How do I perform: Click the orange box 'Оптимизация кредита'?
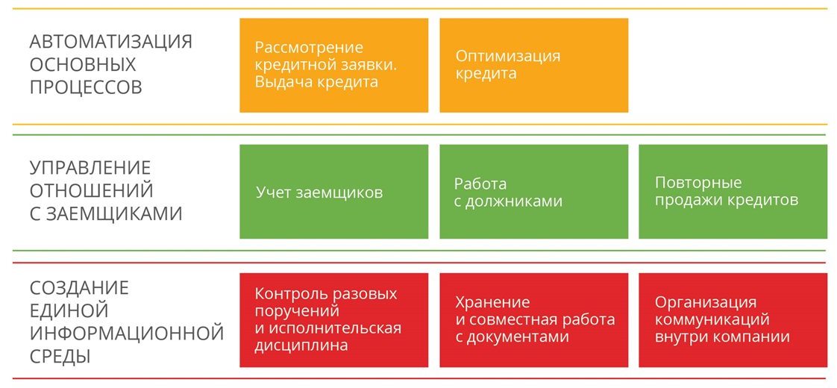click(x=534, y=65)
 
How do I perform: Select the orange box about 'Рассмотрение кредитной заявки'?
click(x=333, y=65)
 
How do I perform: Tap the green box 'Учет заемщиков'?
click(x=333, y=192)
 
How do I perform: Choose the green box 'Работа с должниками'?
click(x=534, y=192)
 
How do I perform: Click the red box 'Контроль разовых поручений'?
click(x=333, y=320)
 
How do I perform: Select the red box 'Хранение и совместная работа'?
click(x=534, y=320)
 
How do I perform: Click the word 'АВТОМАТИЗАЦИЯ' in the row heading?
click(x=110, y=42)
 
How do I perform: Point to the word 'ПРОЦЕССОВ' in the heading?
click(x=86, y=87)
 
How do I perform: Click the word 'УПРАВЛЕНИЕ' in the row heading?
click(x=90, y=168)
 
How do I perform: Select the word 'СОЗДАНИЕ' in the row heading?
click(x=79, y=288)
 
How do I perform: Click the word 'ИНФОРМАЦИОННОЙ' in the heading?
click(x=127, y=333)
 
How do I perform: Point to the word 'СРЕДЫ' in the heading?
click(x=60, y=356)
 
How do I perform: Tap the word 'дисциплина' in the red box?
click(x=301, y=345)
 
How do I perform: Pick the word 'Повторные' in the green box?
click(x=698, y=183)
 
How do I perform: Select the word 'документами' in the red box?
click(x=518, y=337)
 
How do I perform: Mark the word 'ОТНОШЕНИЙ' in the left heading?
click(x=91, y=190)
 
